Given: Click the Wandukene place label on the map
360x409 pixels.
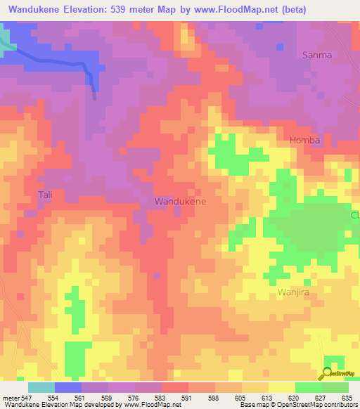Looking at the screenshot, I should pyautogui.click(x=180, y=202).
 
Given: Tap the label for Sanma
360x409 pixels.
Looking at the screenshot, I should pyautogui.click(x=316, y=55).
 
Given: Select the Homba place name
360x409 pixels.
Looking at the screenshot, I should pyautogui.click(x=305, y=140).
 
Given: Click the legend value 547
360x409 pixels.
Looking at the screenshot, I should pyautogui.click(x=25, y=398).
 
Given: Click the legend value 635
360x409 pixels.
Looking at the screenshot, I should pyautogui.click(x=347, y=398).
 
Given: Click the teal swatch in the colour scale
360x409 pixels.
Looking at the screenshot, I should pyautogui.click(x=41, y=387).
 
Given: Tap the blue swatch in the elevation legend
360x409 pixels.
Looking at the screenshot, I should pyautogui.click(x=68, y=387).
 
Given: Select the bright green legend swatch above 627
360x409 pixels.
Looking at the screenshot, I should pyautogui.click(x=309, y=387).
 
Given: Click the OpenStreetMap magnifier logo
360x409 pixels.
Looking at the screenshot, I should pyautogui.click(x=326, y=372).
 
